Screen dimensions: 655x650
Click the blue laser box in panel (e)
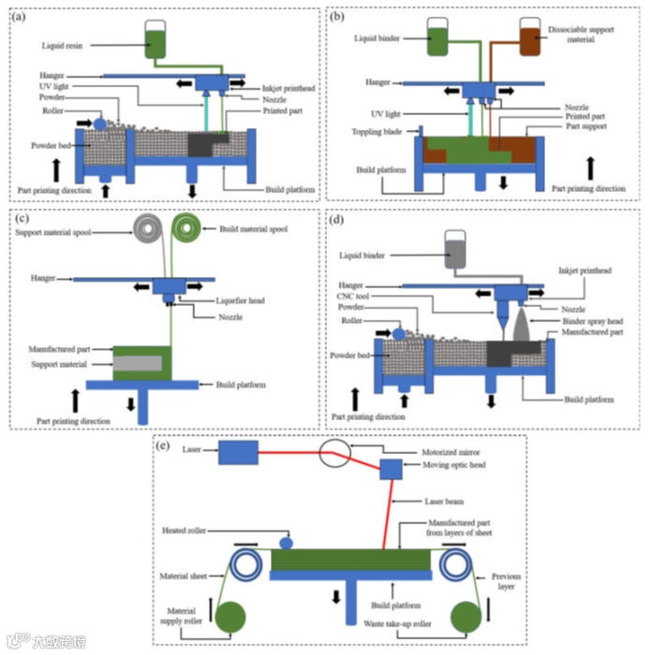pos(239,453)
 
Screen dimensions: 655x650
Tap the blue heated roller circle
pos(286,543)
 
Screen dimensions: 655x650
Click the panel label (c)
pos(16,219)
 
